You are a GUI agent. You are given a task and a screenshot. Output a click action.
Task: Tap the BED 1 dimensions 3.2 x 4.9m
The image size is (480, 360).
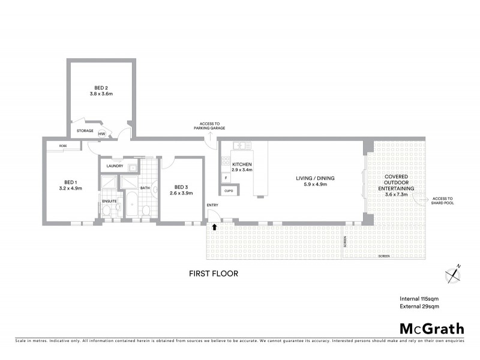[x=70, y=188]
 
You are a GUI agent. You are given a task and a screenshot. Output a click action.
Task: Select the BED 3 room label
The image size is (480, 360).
[x=181, y=187]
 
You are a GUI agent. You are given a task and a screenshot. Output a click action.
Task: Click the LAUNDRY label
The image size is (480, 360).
[x=114, y=166]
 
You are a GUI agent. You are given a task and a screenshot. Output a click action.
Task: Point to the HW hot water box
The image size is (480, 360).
[x=102, y=134]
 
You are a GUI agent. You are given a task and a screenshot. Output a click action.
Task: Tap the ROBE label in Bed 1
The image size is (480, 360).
[x=62, y=146]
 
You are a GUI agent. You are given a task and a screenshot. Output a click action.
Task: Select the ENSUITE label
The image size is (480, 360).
[x=109, y=200]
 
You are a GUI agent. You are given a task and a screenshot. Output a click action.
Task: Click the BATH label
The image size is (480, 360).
[x=145, y=188]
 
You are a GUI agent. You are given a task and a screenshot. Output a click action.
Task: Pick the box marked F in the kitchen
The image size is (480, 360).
[x=226, y=178]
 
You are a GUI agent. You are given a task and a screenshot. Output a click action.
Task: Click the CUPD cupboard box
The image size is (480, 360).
[x=229, y=191]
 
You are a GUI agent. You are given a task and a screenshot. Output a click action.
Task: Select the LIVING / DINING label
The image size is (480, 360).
[x=314, y=178]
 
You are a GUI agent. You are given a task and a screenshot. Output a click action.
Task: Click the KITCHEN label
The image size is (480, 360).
[x=242, y=164]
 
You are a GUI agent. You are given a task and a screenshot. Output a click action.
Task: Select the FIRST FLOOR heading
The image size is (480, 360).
[x=214, y=274]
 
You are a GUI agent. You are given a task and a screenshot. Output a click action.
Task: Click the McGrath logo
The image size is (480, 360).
[x=431, y=328]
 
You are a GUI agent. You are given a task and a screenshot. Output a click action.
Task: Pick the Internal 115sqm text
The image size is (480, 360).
[x=419, y=298]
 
